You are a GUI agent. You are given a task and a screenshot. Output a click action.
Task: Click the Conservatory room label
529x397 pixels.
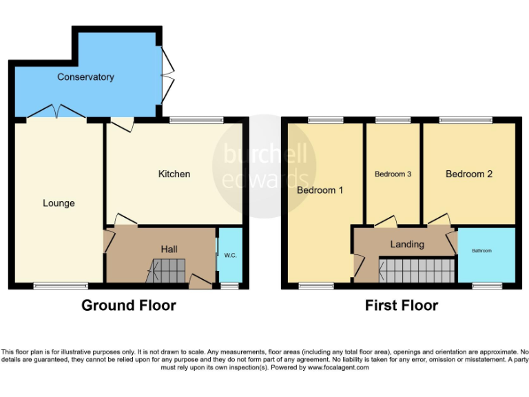coord(85,77)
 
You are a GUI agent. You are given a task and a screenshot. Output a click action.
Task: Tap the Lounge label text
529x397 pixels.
coord(59,203)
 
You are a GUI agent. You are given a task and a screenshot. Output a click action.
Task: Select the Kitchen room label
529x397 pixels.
coord(174,174)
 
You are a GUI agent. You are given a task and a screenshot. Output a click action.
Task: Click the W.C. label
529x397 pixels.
coord(230,256)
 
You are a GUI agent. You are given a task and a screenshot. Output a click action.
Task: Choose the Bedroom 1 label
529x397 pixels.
coord(320,190)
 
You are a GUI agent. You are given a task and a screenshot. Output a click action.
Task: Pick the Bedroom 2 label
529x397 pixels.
coord(469,174)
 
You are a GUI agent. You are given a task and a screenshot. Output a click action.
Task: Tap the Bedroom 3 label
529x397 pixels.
coord(393,174)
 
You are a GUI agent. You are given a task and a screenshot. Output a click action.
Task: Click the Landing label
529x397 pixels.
coord(407,244)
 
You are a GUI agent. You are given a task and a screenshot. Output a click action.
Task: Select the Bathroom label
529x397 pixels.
coord(481,251)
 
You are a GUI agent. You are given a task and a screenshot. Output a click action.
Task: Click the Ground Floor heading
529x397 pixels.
coord(129,305)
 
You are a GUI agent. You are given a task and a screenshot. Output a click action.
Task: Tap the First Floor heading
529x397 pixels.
coord(402,305)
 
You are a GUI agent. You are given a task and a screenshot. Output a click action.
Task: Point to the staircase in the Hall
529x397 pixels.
coord(167,270)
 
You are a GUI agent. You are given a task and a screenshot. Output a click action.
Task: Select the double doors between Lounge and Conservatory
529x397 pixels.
coord(58,112)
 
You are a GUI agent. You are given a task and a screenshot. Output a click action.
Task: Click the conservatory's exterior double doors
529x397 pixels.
coord(167,73)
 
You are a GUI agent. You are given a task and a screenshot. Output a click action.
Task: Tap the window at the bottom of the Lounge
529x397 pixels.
coord(61,285)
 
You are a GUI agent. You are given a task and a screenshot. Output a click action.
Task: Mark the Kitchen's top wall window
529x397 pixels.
coord(197,120)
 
